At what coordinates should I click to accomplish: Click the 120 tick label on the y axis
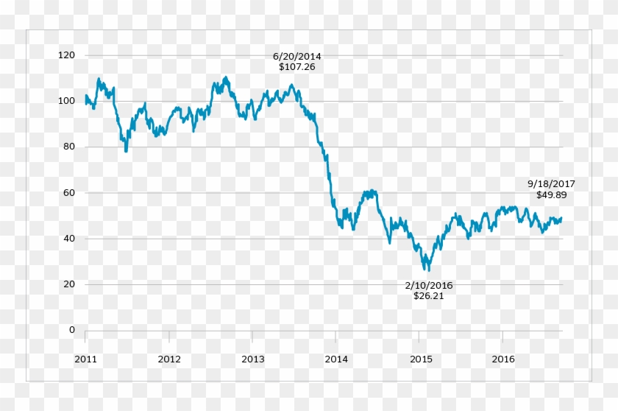(67, 55)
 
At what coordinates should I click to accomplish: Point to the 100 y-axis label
(67, 101)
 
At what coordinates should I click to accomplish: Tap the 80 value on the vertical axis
(69, 147)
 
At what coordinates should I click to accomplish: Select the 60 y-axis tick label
(69, 193)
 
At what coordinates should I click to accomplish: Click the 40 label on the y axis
(69, 239)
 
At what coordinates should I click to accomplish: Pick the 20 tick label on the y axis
(69, 284)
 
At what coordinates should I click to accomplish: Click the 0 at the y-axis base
(72, 330)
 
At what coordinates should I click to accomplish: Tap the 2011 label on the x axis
(85, 359)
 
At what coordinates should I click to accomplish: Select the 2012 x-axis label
(169, 359)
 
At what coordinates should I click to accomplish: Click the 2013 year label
(252, 359)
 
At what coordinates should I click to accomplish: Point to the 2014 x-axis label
(336, 359)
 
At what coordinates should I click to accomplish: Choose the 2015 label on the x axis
(419, 359)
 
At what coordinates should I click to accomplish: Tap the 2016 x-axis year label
(502, 359)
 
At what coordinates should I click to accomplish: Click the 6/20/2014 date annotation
(297, 56)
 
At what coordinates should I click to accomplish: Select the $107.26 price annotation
(297, 66)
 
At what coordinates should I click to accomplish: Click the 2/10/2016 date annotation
(429, 286)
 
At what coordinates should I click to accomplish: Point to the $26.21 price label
(429, 296)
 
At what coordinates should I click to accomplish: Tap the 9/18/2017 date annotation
(551, 184)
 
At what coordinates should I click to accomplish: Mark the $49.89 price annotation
(551, 194)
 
